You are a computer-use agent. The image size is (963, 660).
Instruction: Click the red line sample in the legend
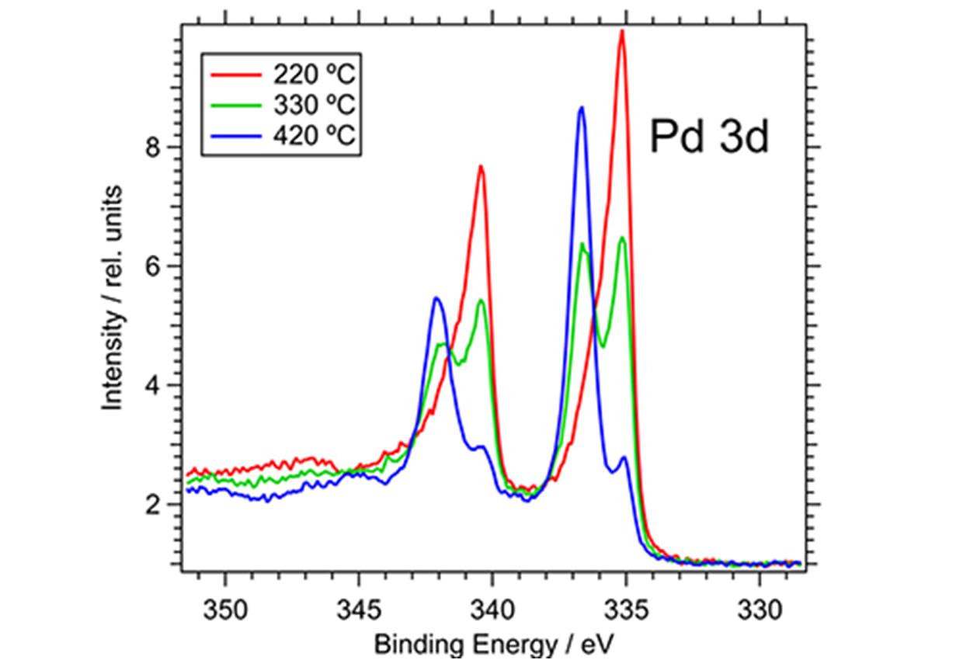[236, 75]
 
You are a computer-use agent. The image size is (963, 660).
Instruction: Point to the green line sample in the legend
[236, 105]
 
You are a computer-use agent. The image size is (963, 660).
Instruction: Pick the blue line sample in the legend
[236, 136]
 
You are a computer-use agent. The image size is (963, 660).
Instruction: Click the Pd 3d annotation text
[708, 137]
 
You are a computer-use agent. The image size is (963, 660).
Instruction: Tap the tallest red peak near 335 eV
[621, 32]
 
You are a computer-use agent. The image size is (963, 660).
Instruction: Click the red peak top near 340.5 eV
[481, 167]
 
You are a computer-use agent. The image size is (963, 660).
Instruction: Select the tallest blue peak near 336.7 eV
[581, 108]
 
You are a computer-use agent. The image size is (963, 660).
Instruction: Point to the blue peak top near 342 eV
[436, 298]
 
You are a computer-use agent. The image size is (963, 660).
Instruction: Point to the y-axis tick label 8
[155, 147]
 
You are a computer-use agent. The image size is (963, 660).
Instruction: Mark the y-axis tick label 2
[155, 505]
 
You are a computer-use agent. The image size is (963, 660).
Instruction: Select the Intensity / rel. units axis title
[113, 298]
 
